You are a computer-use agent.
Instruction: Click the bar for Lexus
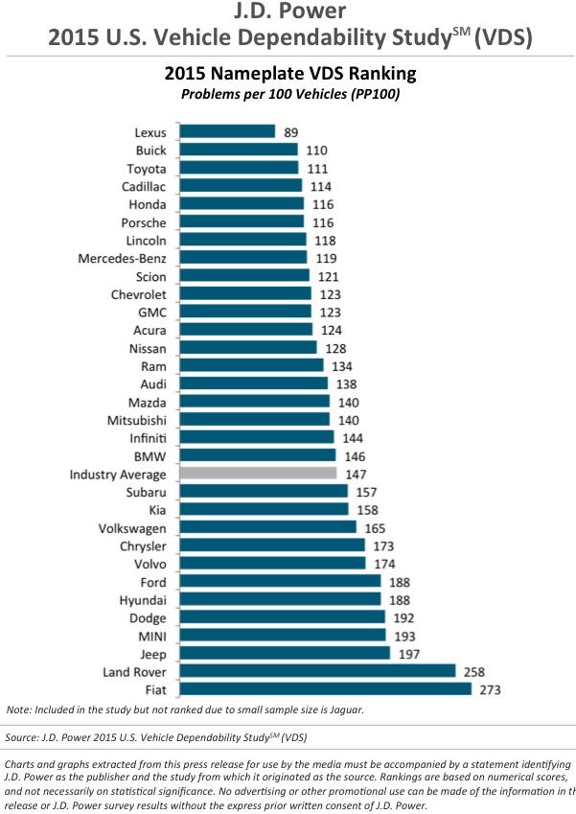click(x=226, y=132)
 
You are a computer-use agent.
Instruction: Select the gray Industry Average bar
click(x=257, y=474)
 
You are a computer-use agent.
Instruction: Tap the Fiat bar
click(x=325, y=689)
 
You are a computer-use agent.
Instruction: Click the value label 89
click(x=291, y=132)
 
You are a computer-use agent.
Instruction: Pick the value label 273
click(x=491, y=689)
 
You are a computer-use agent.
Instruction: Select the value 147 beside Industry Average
click(x=356, y=474)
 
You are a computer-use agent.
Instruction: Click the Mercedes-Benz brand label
click(x=124, y=258)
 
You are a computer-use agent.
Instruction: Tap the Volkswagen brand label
click(x=132, y=528)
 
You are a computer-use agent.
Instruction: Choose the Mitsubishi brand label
click(x=137, y=420)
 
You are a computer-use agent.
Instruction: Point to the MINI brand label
click(x=150, y=636)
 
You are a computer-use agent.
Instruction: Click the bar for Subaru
click(x=263, y=492)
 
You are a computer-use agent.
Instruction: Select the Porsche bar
click(x=242, y=222)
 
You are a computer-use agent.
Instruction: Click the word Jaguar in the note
click(x=342, y=710)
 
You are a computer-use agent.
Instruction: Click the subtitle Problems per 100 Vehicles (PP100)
click(x=288, y=94)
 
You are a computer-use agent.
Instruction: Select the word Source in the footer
click(x=25, y=737)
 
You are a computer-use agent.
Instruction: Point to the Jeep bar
click(x=284, y=654)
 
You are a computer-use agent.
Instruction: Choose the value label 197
click(x=409, y=654)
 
